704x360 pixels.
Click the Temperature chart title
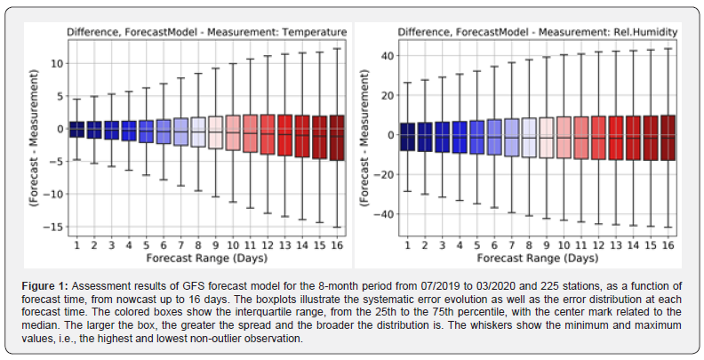click(x=206, y=33)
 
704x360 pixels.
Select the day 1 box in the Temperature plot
click(x=76, y=130)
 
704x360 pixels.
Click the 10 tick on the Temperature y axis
click(x=55, y=64)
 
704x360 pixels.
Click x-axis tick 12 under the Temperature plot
click(x=266, y=244)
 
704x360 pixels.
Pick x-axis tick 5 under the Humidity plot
click(x=478, y=244)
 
